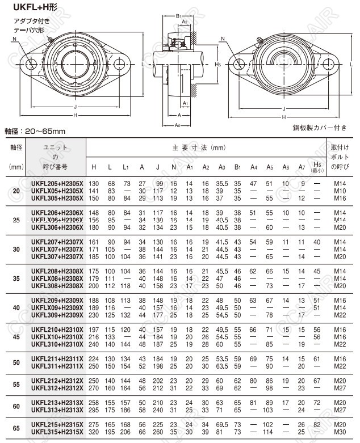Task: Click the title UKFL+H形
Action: tap(24, 7)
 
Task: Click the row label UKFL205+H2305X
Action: tap(57, 184)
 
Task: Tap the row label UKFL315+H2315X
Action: tap(57, 432)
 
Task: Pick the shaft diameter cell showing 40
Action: tap(16, 308)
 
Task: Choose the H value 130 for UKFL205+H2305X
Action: tap(94, 184)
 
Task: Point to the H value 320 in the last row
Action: tap(94, 432)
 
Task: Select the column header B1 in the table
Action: tap(238, 167)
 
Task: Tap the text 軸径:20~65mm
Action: tap(35, 131)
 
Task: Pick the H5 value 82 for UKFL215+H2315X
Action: tap(317, 425)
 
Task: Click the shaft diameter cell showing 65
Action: tap(16, 428)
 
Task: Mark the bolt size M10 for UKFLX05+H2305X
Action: tap(340, 191)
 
